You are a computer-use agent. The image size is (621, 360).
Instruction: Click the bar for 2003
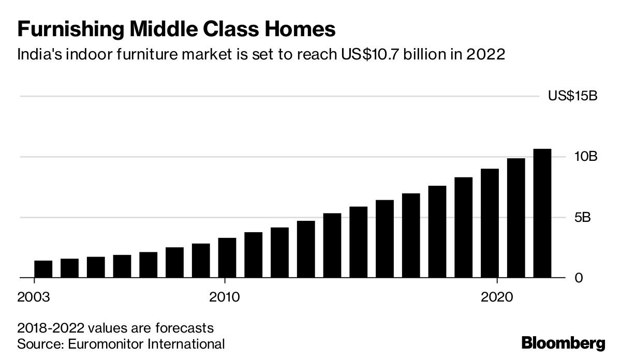[43, 269]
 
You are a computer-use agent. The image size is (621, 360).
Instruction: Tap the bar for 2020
[490, 223]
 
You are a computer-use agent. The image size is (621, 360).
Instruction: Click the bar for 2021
[516, 218]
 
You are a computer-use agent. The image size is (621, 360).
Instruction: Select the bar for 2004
[69, 268]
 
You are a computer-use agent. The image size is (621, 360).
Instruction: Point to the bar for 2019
[463, 228]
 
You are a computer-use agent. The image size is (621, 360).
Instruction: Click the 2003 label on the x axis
[34, 297]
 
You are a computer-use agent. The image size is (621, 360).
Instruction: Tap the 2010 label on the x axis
[224, 297]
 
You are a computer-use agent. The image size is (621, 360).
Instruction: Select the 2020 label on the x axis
[497, 297]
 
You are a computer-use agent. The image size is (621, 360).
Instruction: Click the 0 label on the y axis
[580, 278]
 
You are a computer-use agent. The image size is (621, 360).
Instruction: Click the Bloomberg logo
[563, 342]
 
